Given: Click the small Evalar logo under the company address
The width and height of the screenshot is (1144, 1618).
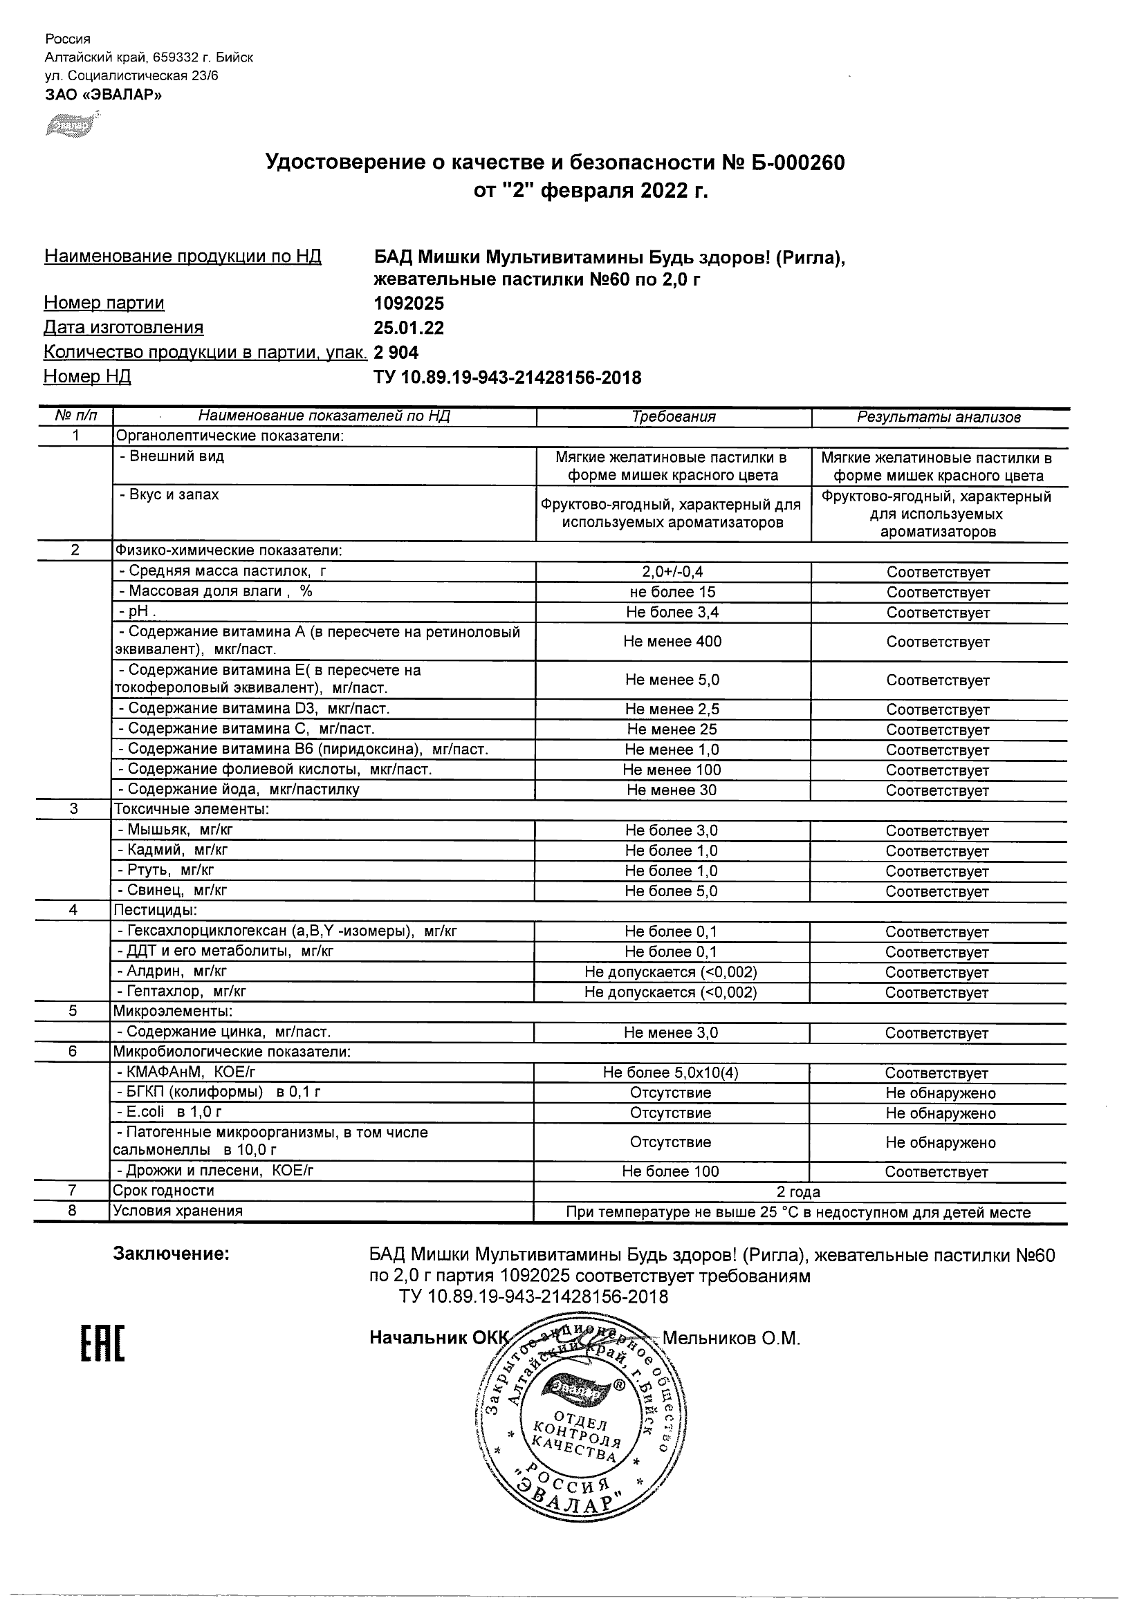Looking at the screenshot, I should pos(71,124).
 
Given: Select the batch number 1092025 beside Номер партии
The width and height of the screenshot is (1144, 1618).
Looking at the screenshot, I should pos(409,303).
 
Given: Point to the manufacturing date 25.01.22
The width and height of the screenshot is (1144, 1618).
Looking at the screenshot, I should pos(409,328).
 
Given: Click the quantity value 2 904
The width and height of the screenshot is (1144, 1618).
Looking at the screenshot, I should pos(396,353).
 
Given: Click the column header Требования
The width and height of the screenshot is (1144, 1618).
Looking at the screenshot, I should pos(673,416).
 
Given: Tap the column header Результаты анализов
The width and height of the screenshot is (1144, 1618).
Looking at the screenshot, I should pos(938,417).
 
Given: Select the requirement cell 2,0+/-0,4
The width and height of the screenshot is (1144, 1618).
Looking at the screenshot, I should pos(672,572).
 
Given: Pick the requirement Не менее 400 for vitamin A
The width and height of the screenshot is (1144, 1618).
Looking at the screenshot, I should pos(672,641).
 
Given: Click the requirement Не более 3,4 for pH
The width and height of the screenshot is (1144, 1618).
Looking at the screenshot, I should pos(672,613).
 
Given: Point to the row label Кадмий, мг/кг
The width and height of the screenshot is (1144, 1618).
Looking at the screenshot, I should pos(174,850).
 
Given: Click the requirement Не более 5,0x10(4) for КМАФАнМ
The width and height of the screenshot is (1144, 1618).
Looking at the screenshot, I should pos(670,1072).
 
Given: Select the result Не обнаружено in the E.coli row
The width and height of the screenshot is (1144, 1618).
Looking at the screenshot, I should pos(940,1113).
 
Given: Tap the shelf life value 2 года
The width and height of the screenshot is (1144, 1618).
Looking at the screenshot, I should pos(798,1191).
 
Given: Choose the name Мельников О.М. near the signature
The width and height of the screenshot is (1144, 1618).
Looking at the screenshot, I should pos(731,1338).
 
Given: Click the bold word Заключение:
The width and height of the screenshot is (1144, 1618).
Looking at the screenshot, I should pos(172,1254).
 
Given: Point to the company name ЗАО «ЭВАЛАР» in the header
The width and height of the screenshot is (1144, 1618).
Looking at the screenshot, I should pos(104,95).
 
